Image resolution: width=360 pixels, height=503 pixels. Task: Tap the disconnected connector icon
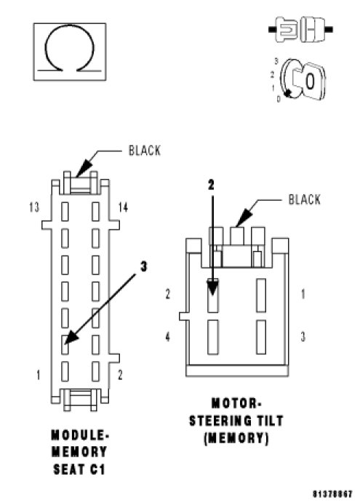pos(300,30)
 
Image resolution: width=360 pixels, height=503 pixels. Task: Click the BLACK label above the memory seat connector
pos(144,151)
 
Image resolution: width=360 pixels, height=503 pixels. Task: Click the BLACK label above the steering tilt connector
pos(304,199)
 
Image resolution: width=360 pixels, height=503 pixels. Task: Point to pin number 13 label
pos(34,207)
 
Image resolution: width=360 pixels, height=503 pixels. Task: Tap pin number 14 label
pos(123,207)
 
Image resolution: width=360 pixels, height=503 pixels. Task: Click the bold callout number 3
pos(143,266)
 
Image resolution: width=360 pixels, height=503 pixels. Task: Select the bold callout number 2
pos(211,185)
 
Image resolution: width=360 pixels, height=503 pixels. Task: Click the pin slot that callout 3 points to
pos(65,344)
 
